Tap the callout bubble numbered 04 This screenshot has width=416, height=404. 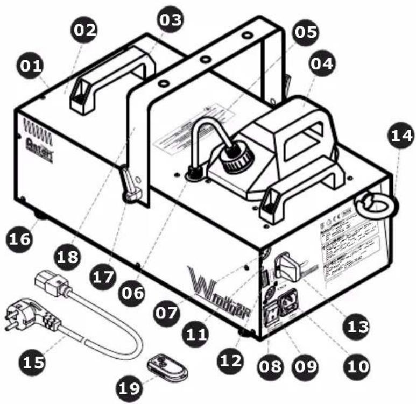[321, 63]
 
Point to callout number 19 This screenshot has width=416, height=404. [129, 387]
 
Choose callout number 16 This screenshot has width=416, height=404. [20, 239]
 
